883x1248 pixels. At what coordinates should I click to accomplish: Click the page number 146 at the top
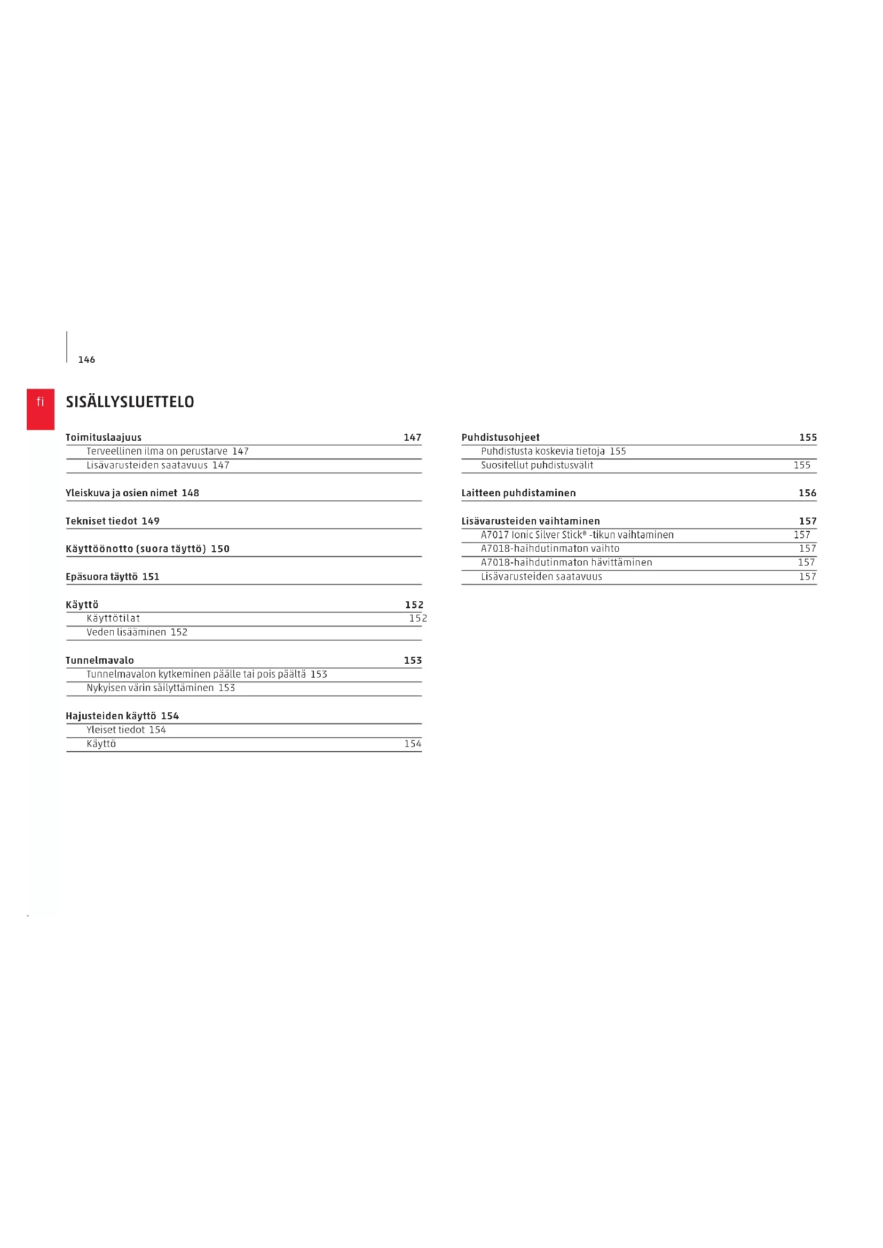click(86, 360)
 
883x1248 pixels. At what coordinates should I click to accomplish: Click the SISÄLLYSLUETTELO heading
click(129, 402)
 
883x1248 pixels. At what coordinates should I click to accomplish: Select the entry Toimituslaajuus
click(104, 438)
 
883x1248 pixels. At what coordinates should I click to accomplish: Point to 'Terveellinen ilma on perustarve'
click(156, 451)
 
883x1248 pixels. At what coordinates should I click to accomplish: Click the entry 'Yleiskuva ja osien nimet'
click(121, 493)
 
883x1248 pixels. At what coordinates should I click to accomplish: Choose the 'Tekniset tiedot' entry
click(101, 521)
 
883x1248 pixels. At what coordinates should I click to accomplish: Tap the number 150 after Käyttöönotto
click(220, 549)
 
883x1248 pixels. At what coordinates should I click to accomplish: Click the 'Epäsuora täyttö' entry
click(101, 577)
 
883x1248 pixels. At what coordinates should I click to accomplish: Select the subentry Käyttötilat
click(113, 618)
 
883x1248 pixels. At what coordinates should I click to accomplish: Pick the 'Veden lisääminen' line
click(126, 632)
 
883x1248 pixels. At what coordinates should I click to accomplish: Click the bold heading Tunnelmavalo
click(99, 661)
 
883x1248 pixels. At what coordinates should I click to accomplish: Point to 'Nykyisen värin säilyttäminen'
click(150, 688)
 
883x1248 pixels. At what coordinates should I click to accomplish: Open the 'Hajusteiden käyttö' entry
click(111, 716)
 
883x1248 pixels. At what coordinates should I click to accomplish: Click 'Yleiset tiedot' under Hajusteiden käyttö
click(115, 729)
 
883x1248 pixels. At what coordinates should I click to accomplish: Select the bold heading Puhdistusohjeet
click(500, 438)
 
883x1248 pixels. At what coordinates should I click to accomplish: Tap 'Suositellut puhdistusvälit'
click(537, 465)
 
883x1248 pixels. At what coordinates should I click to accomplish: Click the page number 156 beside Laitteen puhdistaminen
click(807, 493)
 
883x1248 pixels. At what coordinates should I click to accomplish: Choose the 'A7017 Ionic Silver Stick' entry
click(577, 535)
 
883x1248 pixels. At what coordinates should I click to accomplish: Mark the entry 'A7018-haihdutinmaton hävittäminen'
click(566, 562)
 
